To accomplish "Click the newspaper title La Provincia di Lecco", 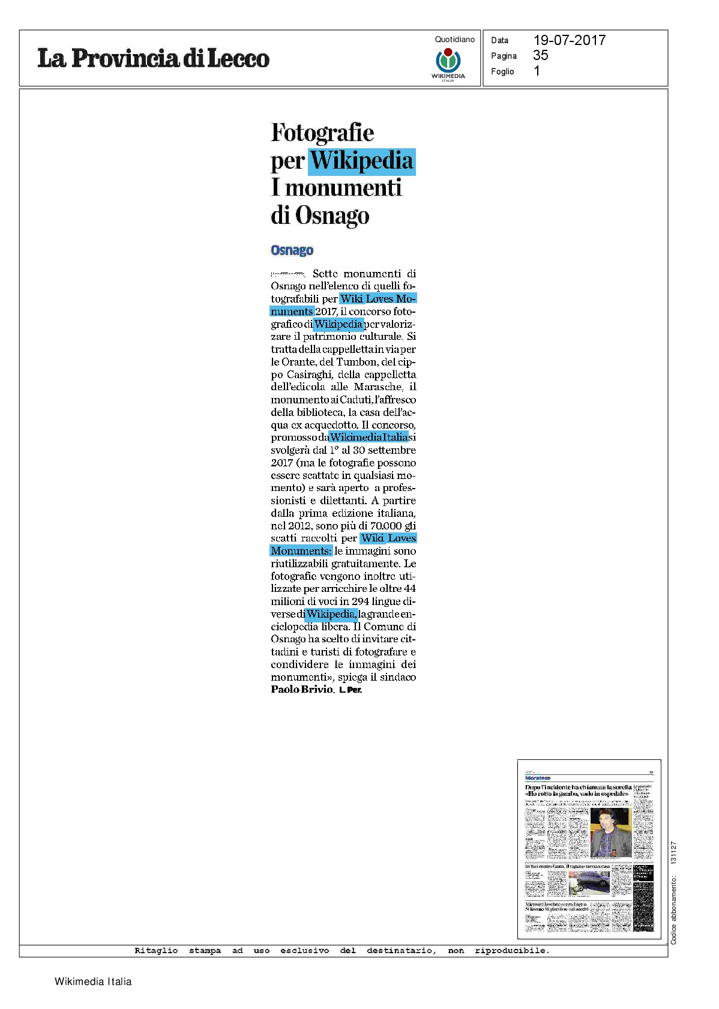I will pyautogui.click(x=153, y=58).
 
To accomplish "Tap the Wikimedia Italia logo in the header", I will pyautogui.click(x=448, y=64).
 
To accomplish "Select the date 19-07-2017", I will pyautogui.click(x=569, y=40).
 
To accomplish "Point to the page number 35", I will pyautogui.click(x=540, y=55).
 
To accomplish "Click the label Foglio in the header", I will pyautogui.click(x=502, y=71).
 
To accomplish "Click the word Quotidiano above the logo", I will pyautogui.click(x=454, y=40).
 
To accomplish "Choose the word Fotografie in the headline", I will pyautogui.click(x=322, y=133).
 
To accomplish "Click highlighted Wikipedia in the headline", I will pyautogui.click(x=362, y=161).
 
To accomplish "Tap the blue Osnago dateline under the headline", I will pyautogui.click(x=292, y=250).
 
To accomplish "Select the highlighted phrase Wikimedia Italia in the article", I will pyautogui.click(x=369, y=437).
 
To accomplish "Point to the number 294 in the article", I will pyautogui.click(x=364, y=601).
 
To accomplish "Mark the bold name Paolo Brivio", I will pyautogui.click(x=302, y=689).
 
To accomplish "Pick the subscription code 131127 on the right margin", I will pyautogui.click(x=673, y=853).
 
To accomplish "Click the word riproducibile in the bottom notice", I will pyautogui.click(x=511, y=950).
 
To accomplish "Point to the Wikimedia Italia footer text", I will pyautogui.click(x=93, y=981).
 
